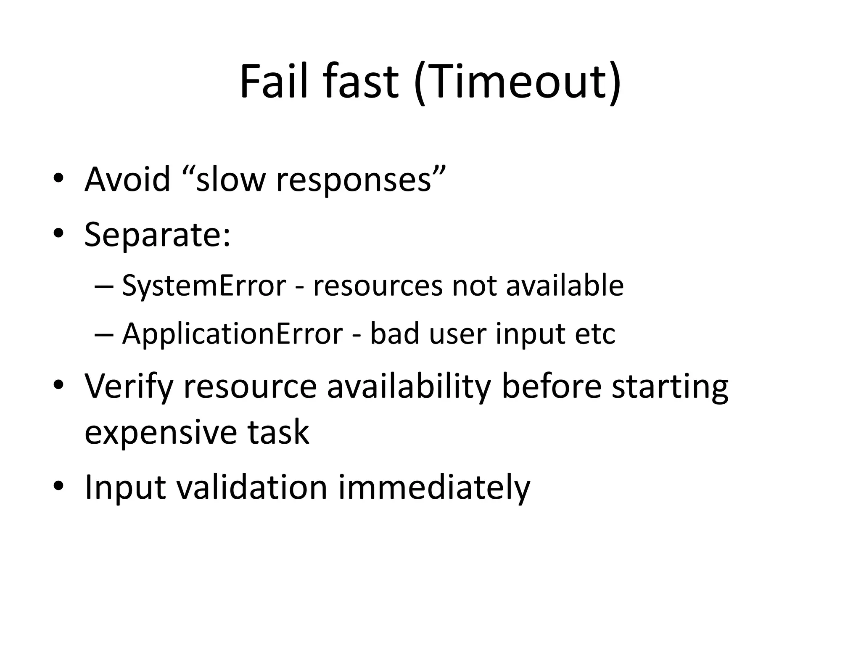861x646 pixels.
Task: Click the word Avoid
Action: pyautogui.click(x=127, y=179)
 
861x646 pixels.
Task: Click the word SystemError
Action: pyautogui.click(x=204, y=286)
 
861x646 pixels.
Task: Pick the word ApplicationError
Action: pyautogui.click(x=232, y=334)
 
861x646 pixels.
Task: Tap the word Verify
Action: pyautogui.click(x=129, y=387)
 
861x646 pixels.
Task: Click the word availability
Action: pyautogui.click(x=409, y=387)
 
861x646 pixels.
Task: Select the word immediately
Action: pyautogui.click(x=434, y=487)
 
